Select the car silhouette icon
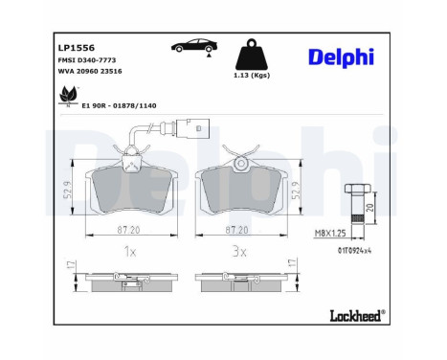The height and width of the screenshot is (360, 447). [192, 46]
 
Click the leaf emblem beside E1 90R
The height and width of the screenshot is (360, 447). [69, 95]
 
